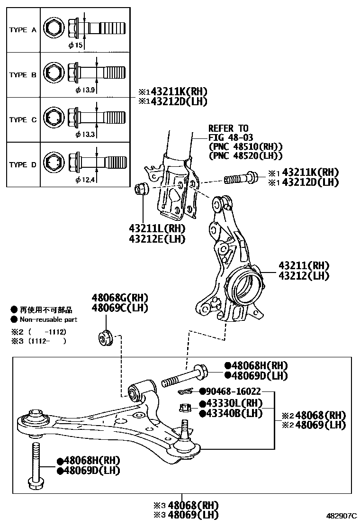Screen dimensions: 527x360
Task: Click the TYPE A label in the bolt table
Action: pyautogui.click(x=22, y=30)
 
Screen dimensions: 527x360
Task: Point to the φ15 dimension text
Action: pyautogui.click(x=75, y=45)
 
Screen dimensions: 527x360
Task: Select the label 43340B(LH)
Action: pyautogui.click(x=231, y=413)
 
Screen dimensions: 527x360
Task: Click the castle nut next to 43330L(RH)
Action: pyautogui.click(x=186, y=408)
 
